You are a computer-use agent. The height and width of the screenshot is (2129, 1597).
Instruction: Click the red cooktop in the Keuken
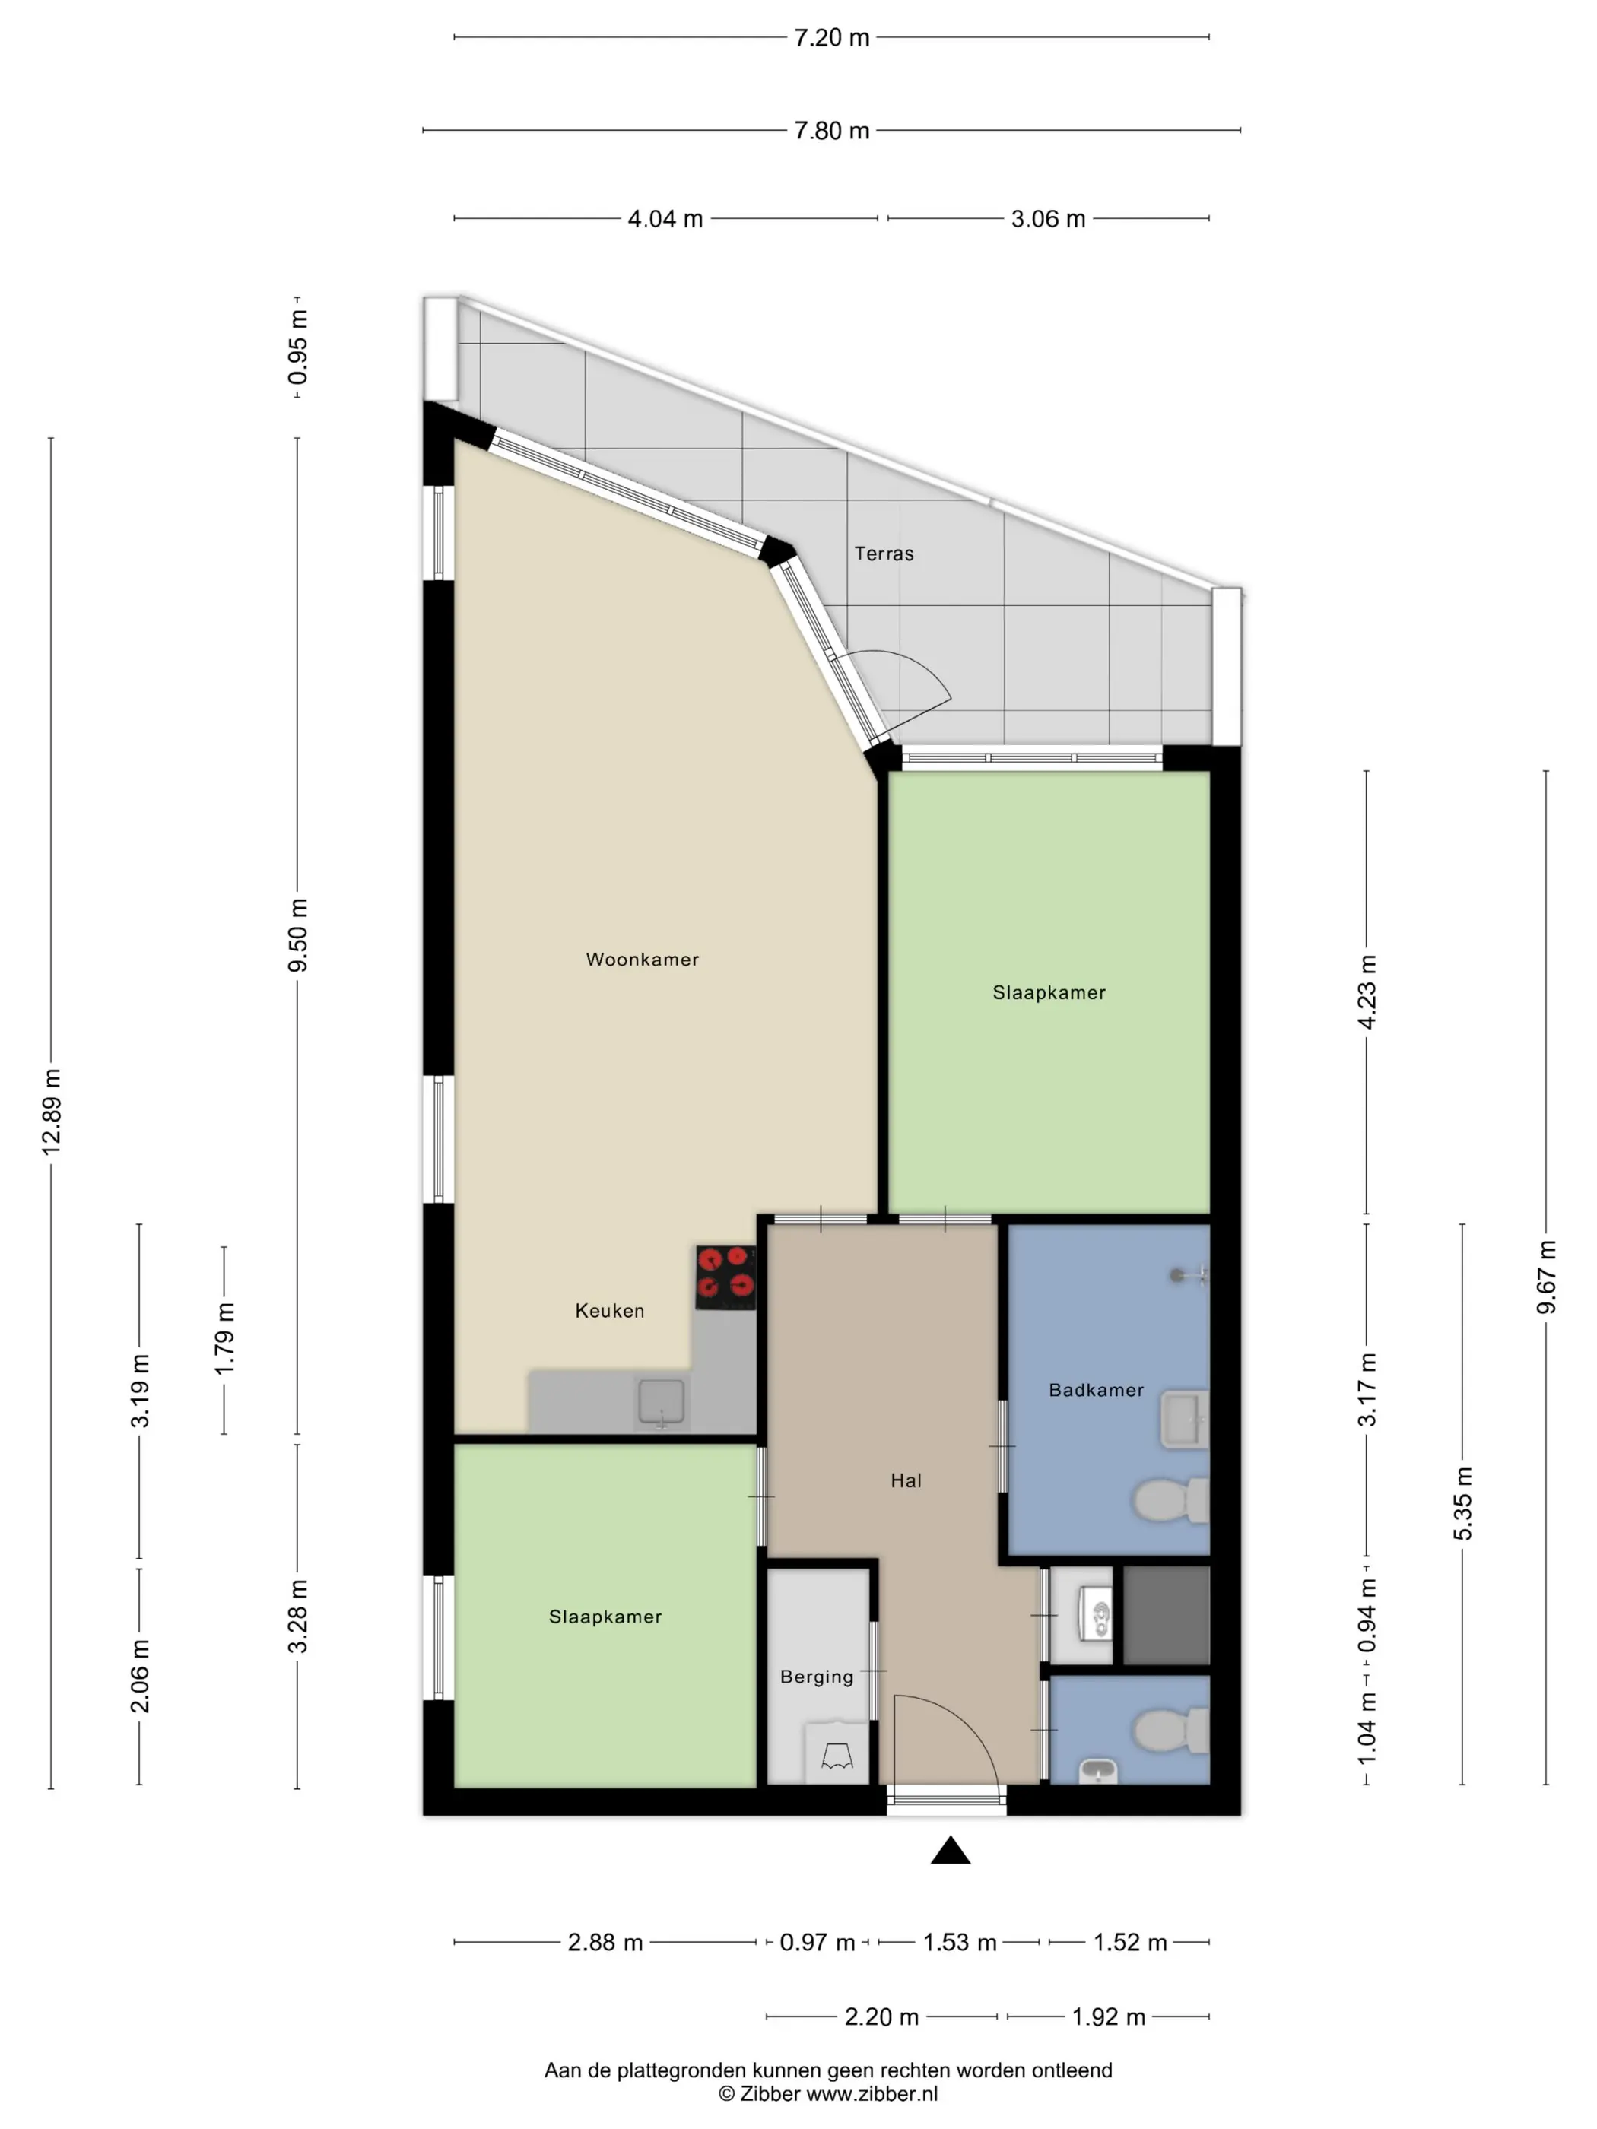(725, 1277)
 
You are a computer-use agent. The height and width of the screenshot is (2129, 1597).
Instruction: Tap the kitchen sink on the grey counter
(662, 1404)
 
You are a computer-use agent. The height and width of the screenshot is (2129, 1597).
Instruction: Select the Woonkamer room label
(642, 960)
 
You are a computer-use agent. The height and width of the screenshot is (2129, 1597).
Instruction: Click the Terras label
(884, 554)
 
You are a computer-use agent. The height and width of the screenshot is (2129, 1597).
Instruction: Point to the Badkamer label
(1097, 1390)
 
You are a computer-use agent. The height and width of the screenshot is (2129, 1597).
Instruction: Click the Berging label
(816, 1677)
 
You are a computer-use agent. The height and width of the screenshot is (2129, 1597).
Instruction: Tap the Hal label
(906, 1481)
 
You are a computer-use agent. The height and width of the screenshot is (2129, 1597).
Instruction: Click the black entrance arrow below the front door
(950, 1850)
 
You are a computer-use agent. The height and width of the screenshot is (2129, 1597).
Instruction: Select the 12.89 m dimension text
(51, 1111)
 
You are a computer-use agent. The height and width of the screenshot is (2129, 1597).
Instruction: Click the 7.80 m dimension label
(832, 130)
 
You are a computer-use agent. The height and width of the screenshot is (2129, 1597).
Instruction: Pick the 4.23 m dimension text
(1367, 992)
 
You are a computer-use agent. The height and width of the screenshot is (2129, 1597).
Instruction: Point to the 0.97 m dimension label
(818, 1942)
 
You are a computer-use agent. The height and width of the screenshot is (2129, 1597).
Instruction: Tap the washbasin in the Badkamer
(1184, 1419)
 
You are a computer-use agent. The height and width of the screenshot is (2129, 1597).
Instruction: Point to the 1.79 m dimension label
(224, 1339)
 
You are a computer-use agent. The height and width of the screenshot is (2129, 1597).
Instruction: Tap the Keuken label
(609, 1311)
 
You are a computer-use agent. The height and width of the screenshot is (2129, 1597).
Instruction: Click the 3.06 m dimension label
(1048, 220)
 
